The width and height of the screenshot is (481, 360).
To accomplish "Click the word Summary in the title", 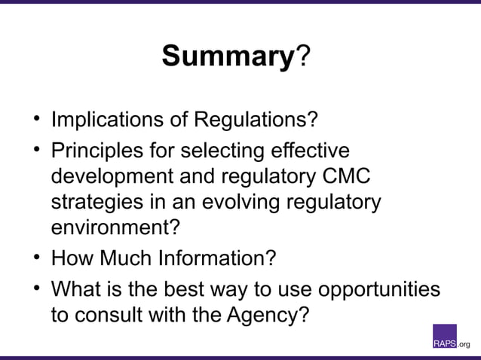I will pyautogui.click(x=227, y=56).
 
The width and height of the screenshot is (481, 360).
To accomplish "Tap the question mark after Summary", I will pyautogui.click(x=301, y=56).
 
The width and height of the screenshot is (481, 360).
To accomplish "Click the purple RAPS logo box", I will pyautogui.click(x=444, y=337).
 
